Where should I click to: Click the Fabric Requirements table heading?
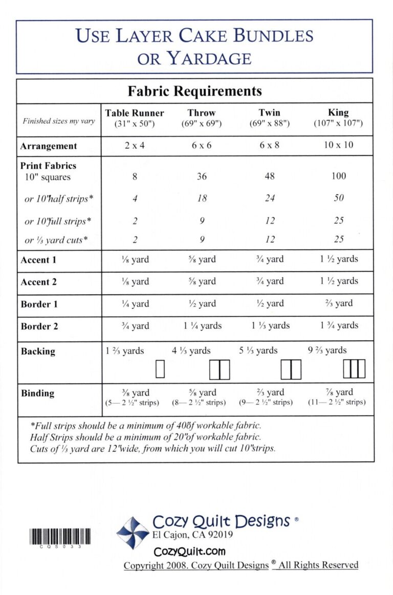point(194,92)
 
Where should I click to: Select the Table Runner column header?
point(135,113)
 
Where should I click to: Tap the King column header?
point(338,113)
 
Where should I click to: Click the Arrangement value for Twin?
point(270,145)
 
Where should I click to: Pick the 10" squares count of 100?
point(338,177)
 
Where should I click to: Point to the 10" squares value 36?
point(202,177)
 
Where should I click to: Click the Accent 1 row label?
point(38,260)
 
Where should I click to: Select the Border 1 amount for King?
point(338,303)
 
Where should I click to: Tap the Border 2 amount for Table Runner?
point(135,326)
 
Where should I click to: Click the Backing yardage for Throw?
point(191,350)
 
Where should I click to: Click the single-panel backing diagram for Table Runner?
point(160,369)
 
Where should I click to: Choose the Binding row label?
point(37,393)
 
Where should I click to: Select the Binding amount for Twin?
point(270,392)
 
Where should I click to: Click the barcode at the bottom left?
point(60,537)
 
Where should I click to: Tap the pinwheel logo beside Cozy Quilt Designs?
point(133,532)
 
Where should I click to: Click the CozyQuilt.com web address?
point(189,552)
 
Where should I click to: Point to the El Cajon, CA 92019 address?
point(193,535)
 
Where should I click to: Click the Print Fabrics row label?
point(48,166)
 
